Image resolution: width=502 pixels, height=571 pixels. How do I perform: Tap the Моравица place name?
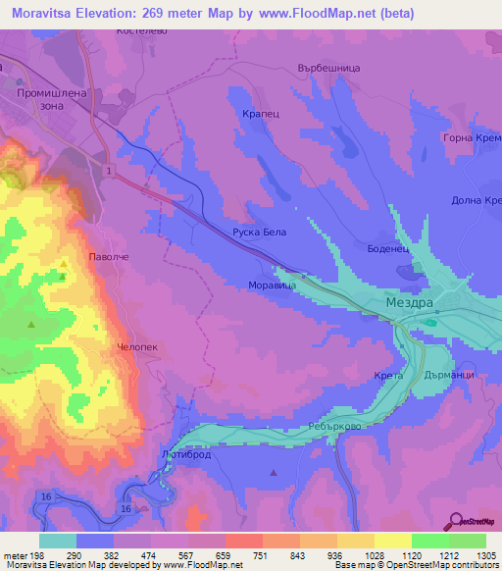[273, 286]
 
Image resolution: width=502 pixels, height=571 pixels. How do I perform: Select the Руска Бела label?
[259, 234]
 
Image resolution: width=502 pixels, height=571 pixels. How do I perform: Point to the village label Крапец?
[261, 114]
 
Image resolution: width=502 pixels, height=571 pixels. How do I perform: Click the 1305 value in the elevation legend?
[485, 555]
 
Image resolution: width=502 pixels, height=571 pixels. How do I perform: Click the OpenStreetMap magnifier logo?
[453, 522]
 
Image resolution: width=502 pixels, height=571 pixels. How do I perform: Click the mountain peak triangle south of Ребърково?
[274, 473]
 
